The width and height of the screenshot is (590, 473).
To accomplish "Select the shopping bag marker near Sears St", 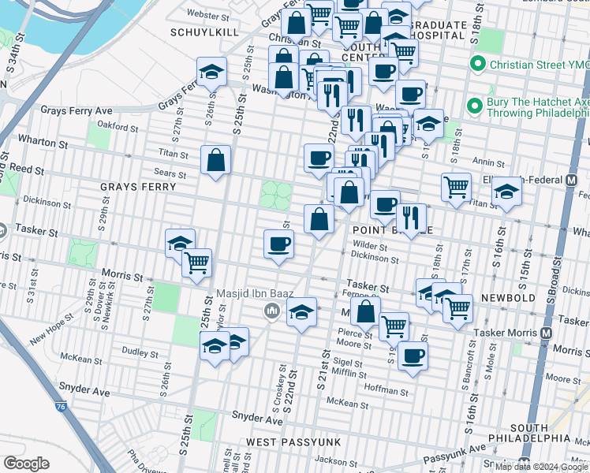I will tap(215, 161).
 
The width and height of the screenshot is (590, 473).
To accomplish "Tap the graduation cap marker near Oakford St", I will tap(211, 73).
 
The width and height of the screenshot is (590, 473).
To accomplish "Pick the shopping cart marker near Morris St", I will tap(196, 263).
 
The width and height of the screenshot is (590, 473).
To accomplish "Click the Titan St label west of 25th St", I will tap(173, 155).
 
